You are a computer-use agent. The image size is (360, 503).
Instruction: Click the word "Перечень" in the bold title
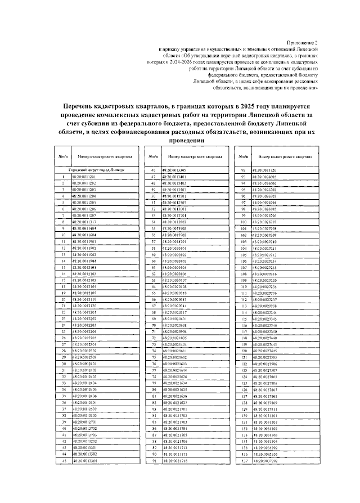(81, 105)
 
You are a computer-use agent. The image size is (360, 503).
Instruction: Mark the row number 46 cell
(152, 169)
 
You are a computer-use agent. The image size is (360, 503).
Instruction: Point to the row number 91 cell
(152, 460)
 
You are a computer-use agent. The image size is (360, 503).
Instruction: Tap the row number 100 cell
(243, 222)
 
